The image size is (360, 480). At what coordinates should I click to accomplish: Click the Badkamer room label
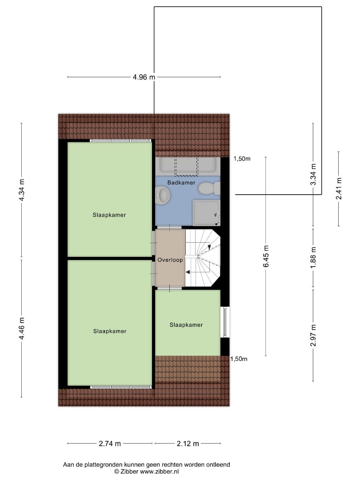point(181,183)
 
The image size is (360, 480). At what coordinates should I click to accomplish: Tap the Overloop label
point(170,260)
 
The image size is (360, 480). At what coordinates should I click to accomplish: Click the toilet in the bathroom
point(209,188)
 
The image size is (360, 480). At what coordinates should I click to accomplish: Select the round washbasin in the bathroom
point(163,195)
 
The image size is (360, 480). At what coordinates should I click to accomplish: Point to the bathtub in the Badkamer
point(188,167)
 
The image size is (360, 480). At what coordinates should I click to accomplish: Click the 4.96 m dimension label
point(144,77)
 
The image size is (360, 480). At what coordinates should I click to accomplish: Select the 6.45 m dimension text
point(266,256)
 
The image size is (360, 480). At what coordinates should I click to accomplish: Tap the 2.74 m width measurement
point(110,443)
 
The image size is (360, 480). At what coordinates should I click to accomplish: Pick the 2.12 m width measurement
point(188,443)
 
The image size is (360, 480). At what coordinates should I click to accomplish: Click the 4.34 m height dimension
point(21,190)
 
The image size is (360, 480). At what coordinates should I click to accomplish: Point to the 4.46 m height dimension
point(21,328)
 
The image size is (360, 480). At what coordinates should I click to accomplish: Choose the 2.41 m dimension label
point(339,188)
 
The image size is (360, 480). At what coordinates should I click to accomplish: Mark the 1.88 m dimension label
point(313,257)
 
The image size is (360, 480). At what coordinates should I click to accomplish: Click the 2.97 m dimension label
point(313,336)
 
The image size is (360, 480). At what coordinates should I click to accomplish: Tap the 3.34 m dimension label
point(313,175)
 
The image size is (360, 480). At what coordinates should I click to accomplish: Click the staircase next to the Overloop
point(203,258)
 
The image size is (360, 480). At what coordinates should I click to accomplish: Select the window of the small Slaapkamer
point(225,322)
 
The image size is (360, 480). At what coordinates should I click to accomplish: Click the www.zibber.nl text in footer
point(159,472)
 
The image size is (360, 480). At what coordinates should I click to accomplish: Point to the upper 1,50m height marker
point(242,159)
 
